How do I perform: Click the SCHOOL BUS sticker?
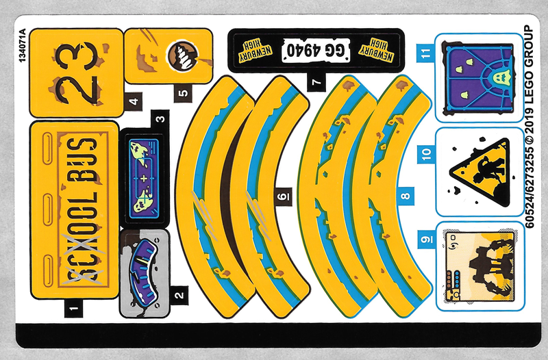pos(75,210)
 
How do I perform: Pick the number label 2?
pos(179,296)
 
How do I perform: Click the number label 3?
pos(161,118)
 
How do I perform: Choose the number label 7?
pos(316,83)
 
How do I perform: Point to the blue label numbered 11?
pos(427,53)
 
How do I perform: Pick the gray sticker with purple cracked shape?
pos(145,273)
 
